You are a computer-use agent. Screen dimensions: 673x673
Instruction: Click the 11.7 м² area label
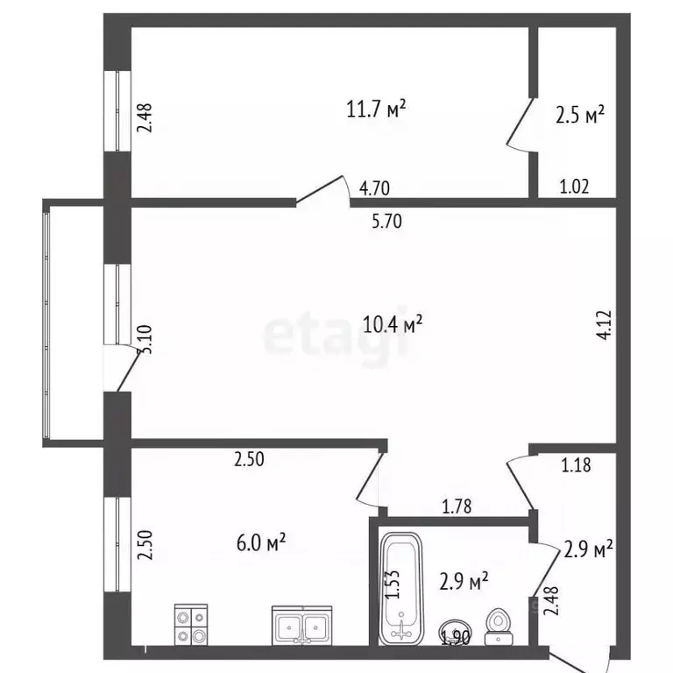coord(376,110)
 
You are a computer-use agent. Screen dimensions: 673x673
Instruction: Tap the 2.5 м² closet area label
coord(581,114)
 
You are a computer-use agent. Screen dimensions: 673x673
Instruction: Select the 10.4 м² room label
coord(393,323)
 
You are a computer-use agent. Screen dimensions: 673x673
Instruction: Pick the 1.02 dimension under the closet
coord(574,186)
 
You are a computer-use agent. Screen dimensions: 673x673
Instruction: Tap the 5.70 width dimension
coord(386,222)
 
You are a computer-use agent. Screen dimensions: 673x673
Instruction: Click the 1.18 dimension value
coord(576,464)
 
